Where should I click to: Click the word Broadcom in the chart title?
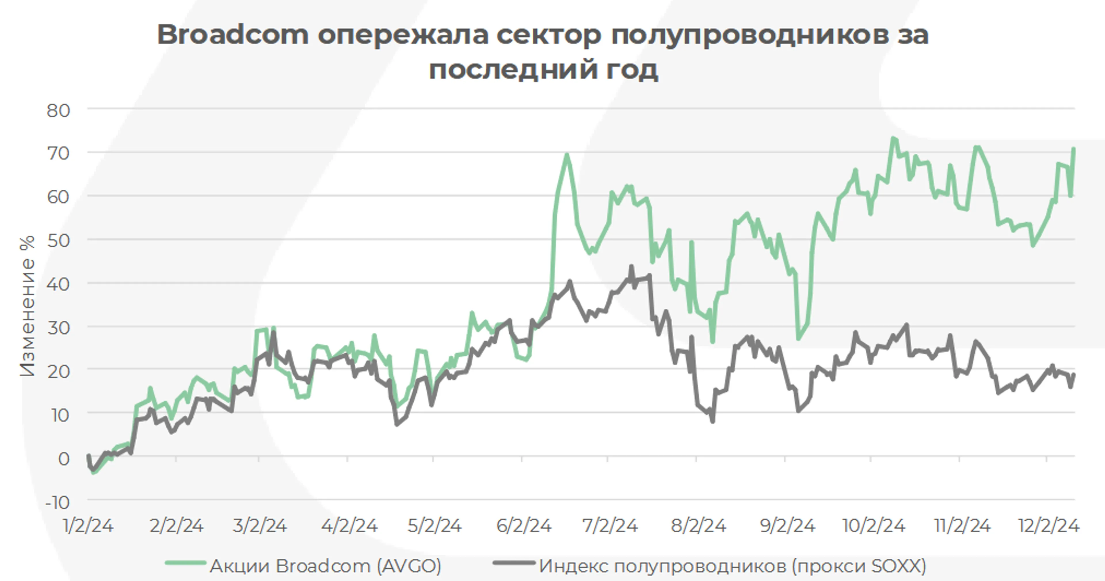coord(233,34)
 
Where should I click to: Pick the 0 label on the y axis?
coord(64,459)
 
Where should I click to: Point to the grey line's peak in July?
coord(631,266)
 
